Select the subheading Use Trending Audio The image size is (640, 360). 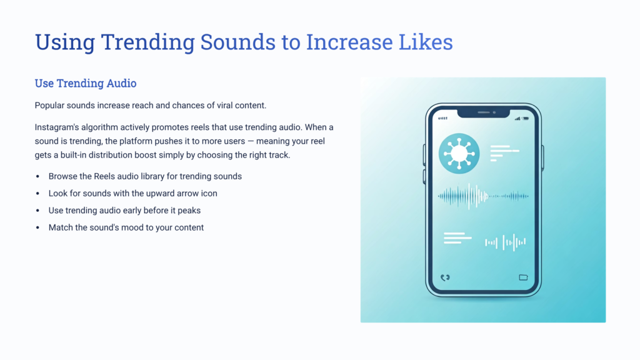(86, 83)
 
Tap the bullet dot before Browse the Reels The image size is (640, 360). (37, 177)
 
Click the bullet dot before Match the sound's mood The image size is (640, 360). (37, 227)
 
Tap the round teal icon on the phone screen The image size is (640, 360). (459, 152)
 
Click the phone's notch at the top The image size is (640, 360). (483, 113)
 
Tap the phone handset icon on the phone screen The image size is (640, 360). (445, 277)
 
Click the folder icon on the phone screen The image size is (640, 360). (524, 277)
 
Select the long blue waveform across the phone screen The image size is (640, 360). (483, 196)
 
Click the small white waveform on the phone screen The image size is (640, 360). (505, 241)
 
